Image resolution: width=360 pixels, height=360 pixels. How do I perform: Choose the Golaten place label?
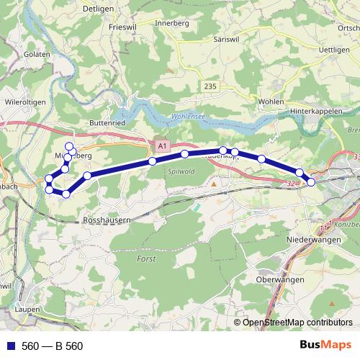[35, 54]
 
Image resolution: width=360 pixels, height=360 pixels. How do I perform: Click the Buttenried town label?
[108, 123]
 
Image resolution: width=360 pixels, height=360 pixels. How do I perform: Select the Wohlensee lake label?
[189, 117]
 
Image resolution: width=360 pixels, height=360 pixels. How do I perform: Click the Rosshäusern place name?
[107, 219]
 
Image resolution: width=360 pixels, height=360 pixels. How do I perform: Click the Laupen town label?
[28, 309]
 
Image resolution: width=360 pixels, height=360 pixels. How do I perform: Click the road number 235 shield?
[210, 86]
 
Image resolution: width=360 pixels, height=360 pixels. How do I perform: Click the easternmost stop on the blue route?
[311, 182]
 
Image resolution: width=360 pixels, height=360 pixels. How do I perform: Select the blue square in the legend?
[12, 346]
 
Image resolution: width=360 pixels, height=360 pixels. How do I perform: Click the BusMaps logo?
[325, 346]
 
